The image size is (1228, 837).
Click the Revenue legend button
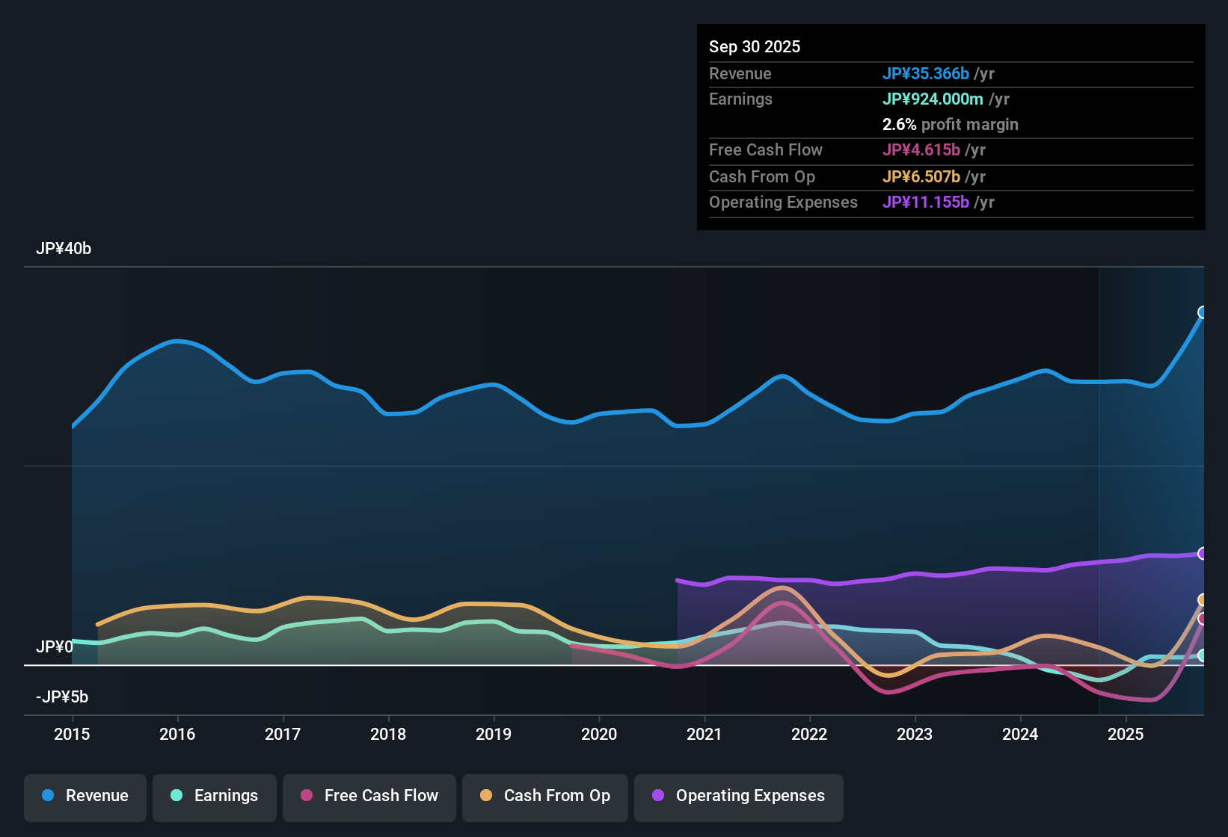click(85, 796)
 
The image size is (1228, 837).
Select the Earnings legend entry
click(215, 796)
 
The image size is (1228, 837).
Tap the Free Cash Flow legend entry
click(369, 796)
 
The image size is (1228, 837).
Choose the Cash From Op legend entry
click(545, 796)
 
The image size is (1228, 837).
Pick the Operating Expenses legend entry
click(739, 796)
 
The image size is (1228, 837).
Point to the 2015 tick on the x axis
click(72, 734)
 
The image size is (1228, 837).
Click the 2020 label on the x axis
click(599, 734)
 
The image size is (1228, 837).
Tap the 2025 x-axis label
click(1126, 734)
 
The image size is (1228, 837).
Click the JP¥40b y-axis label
click(64, 249)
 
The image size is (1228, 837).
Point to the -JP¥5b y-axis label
click(62, 697)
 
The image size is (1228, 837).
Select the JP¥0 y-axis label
click(55, 647)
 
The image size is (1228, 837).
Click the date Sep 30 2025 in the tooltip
click(755, 47)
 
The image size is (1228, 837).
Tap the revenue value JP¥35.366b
click(926, 74)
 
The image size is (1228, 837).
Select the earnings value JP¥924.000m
click(933, 99)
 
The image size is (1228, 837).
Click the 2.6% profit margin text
click(950, 125)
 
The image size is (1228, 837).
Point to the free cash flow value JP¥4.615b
click(921, 150)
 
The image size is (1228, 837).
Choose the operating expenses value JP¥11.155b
click(926, 203)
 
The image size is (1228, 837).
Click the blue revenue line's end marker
click(1203, 312)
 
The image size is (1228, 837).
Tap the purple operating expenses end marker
click(1203, 554)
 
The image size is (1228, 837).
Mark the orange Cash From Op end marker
click(1203, 600)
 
